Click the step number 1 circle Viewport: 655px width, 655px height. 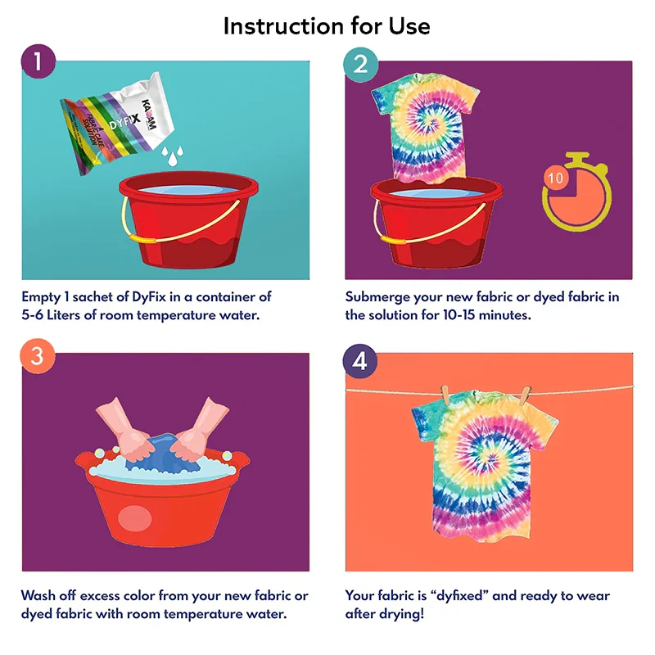(38, 61)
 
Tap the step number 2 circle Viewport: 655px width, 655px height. (360, 65)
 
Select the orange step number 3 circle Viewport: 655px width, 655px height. (37, 356)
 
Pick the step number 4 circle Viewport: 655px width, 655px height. (359, 361)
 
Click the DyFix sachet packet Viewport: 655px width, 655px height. (118, 122)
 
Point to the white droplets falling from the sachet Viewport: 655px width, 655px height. (172, 156)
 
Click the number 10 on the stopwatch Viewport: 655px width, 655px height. (555, 178)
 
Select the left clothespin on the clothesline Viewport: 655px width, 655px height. (445, 395)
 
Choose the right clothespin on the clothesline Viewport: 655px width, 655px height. (525, 395)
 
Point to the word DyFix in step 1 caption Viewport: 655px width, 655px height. (149, 296)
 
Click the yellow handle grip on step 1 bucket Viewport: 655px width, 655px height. (142, 239)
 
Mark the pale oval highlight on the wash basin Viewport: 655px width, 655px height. (134, 519)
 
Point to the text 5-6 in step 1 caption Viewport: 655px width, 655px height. (32, 314)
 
